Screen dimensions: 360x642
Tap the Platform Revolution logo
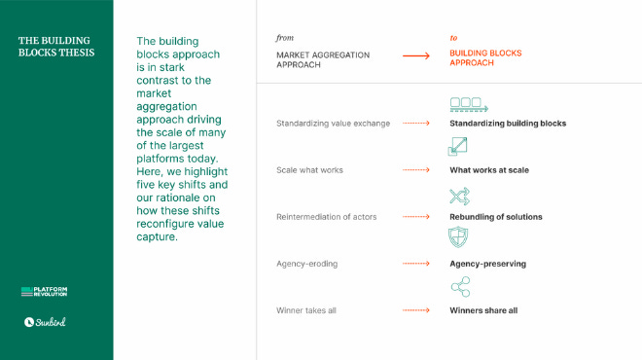[x=45, y=292]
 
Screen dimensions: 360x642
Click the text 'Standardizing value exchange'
[x=333, y=124]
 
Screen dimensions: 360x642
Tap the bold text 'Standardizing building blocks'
[x=508, y=124]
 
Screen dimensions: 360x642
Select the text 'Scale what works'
[x=309, y=170]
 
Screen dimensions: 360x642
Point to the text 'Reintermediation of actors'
[x=327, y=216]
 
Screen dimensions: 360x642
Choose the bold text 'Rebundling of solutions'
[x=496, y=216]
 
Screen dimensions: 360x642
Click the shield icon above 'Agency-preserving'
[x=458, y=238]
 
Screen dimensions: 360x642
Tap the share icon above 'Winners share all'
[x=459, y=286]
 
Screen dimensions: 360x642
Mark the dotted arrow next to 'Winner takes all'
[x=416, y=310]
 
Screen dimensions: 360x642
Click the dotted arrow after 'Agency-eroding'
[x=416, y=263]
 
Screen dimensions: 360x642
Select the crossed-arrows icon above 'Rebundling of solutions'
[x=459, y=196]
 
